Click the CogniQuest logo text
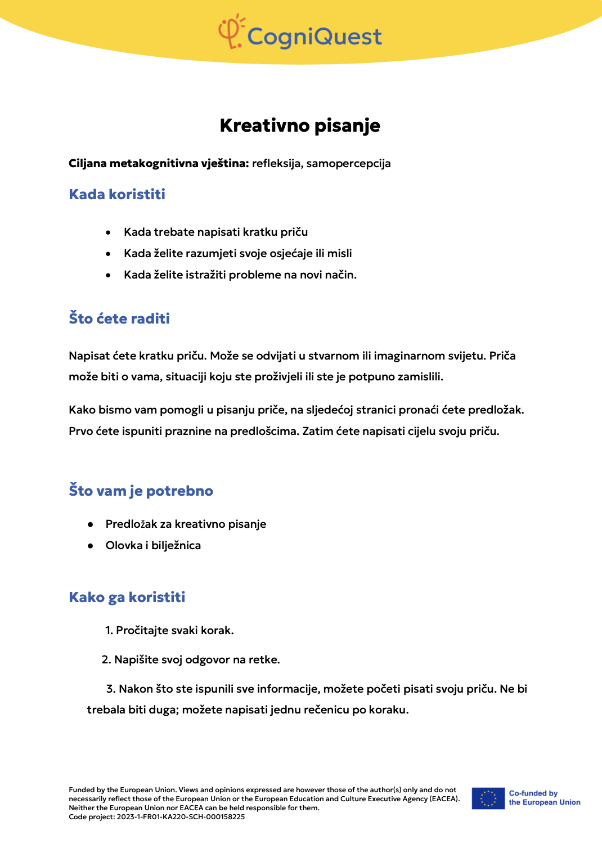tap(315, 37)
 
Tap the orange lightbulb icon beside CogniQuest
tap(231, 32)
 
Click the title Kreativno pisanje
tap(300, 125)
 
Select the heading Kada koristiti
tap(117, 195)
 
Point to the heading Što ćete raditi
tap(119, 318)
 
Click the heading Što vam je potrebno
tap(141, 491)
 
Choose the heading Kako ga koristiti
tap(127, 597)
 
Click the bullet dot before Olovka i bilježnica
tap(90, 546)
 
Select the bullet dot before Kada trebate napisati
tap(108, 232)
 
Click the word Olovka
tap(124, 546)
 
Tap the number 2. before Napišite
tap(106, 660)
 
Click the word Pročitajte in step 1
tap(142, 631)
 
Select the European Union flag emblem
tap(488, 798)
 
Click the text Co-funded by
tap(533, 793)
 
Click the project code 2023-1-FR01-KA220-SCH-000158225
tap(181, 817)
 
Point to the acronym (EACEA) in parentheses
tap(444, 799)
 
